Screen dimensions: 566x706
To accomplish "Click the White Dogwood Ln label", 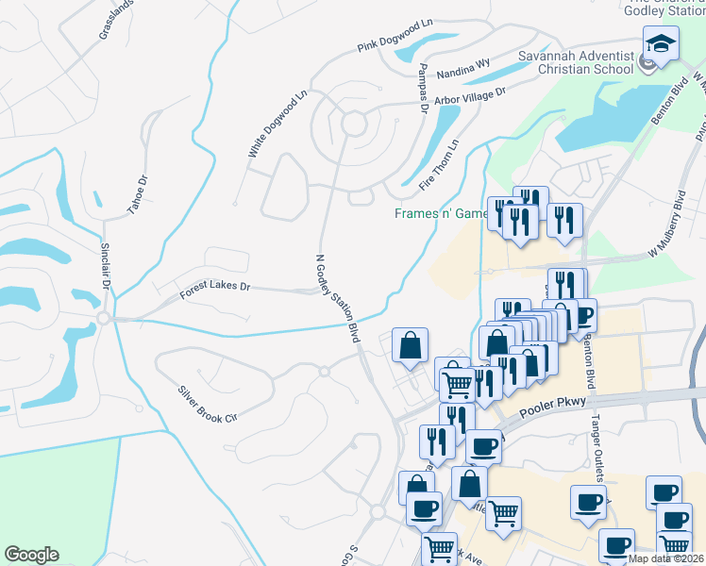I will [x=278, y=124].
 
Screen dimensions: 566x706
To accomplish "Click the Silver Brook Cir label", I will [x=207, y=404].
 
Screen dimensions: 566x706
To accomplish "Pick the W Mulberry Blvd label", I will [x=666, y=226].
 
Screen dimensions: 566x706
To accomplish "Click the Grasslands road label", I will [x=116, y=19].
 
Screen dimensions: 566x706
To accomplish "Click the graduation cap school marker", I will [x=661, y=43].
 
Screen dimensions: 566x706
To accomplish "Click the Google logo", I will [x=31, y=555].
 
